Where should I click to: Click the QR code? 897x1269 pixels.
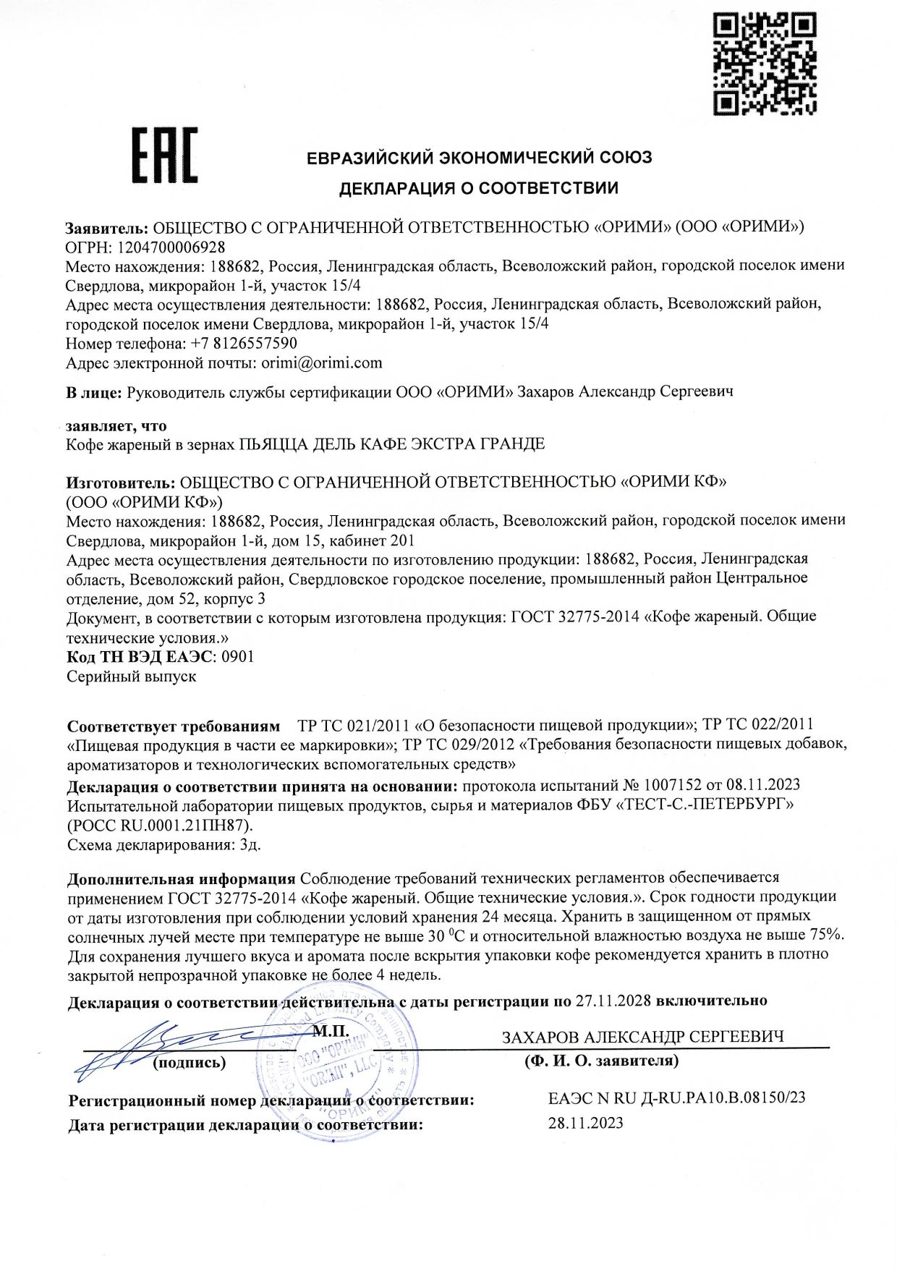[765, 63]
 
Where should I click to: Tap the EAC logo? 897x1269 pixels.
[164, 155]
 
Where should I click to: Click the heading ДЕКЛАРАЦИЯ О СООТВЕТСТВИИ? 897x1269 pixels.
[479, 189]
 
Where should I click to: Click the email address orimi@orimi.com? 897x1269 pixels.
[321, 362]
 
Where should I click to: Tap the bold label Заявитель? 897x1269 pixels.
[106, 227]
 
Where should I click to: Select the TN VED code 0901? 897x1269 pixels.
[237, 657]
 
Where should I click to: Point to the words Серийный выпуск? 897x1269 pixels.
[131, 676]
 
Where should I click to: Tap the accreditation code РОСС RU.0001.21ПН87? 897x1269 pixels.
[160, 825]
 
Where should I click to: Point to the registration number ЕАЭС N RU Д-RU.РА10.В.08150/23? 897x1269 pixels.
[676, 1098]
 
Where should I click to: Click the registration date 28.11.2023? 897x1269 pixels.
[585, 1123]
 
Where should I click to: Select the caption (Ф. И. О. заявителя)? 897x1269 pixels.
[601, 1061]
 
